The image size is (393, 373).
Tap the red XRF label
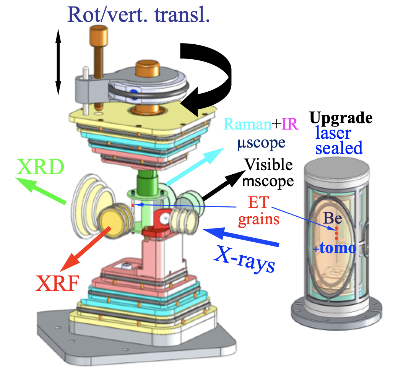pos(58,284)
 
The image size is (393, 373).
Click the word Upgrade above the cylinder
pos(341,118)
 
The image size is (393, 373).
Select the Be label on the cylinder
pos(332,218)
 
